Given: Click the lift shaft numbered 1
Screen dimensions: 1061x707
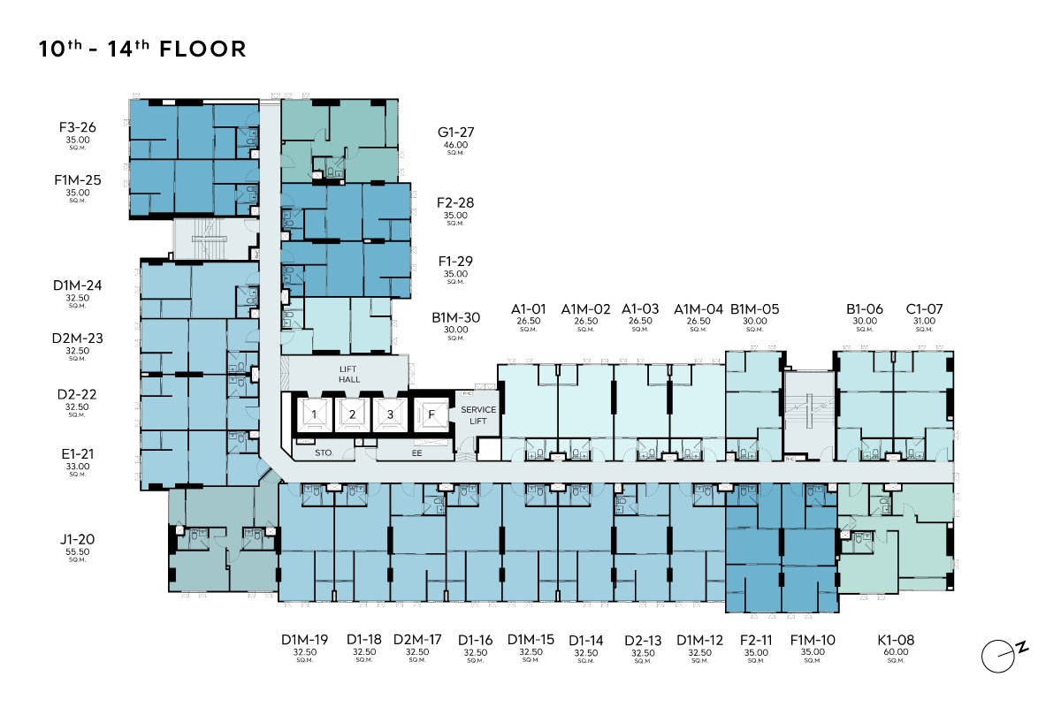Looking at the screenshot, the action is click(x=314, y=414).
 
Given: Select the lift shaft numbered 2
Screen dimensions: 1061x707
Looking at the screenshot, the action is click(x=352, y=414).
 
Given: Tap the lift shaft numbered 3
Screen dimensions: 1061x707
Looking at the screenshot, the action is click(x=390, y=414).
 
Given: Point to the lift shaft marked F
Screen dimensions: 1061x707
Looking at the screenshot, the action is click(x=431, y=414).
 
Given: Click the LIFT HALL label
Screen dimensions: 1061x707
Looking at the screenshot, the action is click(x=348, y=374).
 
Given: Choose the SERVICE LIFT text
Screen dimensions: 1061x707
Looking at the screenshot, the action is click(x=478, y=415).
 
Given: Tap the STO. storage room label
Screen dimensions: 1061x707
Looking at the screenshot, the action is click(x=324, y=453).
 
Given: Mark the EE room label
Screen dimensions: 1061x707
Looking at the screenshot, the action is click(x=416, y=453).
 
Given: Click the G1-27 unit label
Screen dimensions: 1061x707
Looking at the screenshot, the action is click(x=455, y=132).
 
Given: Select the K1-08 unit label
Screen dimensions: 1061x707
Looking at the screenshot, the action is click(x=896, y=640).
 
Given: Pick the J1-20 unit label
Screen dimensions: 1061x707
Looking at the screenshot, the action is click(x=77, y=539).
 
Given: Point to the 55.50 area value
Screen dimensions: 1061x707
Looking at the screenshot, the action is click(x=77, y=551).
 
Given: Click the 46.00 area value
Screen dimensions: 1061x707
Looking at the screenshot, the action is click(x=455, y=145).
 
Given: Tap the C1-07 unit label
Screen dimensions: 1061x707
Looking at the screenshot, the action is click(x=924, y=309).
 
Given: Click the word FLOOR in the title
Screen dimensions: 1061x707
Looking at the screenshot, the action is click(x=202, y=49).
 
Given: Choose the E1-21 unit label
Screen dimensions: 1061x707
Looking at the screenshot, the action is click(x=78, y=454).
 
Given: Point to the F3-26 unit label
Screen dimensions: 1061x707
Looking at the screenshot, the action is click(x=78, y=127).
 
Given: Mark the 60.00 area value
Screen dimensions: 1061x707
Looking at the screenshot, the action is click(x=896, y=652).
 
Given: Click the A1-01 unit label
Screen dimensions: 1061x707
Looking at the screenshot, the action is click(x=528, y=309).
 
